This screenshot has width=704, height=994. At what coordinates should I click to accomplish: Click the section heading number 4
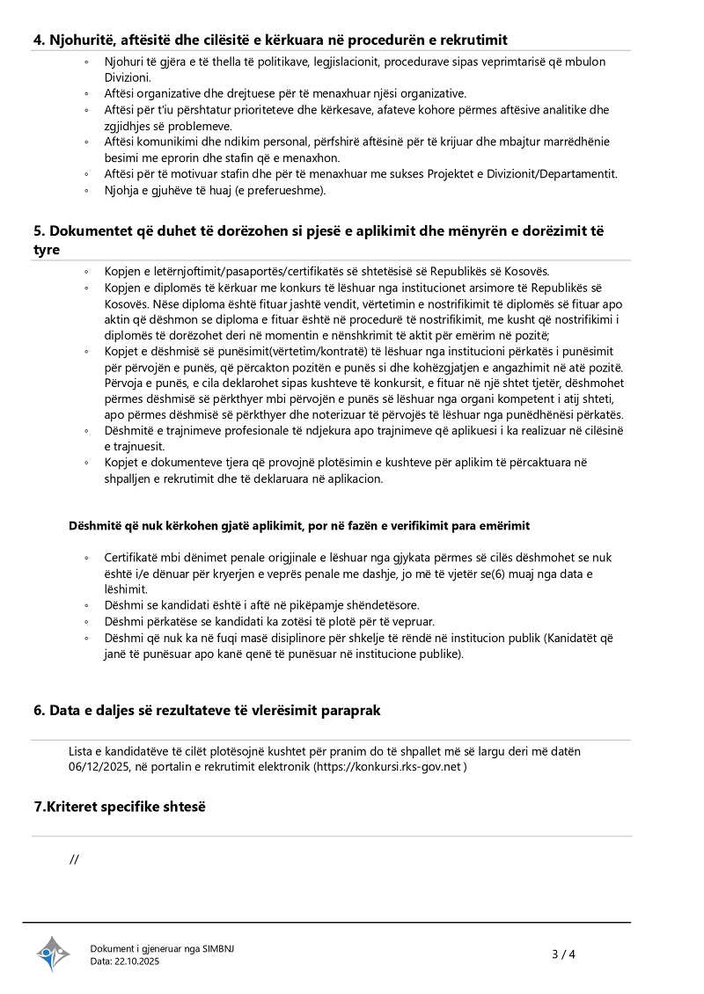[x=39, y=40]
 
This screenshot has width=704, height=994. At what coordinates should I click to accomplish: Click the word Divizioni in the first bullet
[x=128, y=77]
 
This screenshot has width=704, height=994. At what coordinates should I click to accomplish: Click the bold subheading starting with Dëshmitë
[x=299, y=526]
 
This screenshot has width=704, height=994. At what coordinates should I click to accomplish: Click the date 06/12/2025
[x=99, y=767]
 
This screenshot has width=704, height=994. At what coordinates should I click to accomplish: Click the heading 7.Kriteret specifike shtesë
[x=119, y=806]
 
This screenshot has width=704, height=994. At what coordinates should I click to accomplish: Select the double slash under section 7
[x=74, y=859]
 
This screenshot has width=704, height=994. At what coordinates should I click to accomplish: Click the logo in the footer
[x=53, y=954]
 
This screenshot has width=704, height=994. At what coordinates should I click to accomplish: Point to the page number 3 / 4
[x=563, y=954]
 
